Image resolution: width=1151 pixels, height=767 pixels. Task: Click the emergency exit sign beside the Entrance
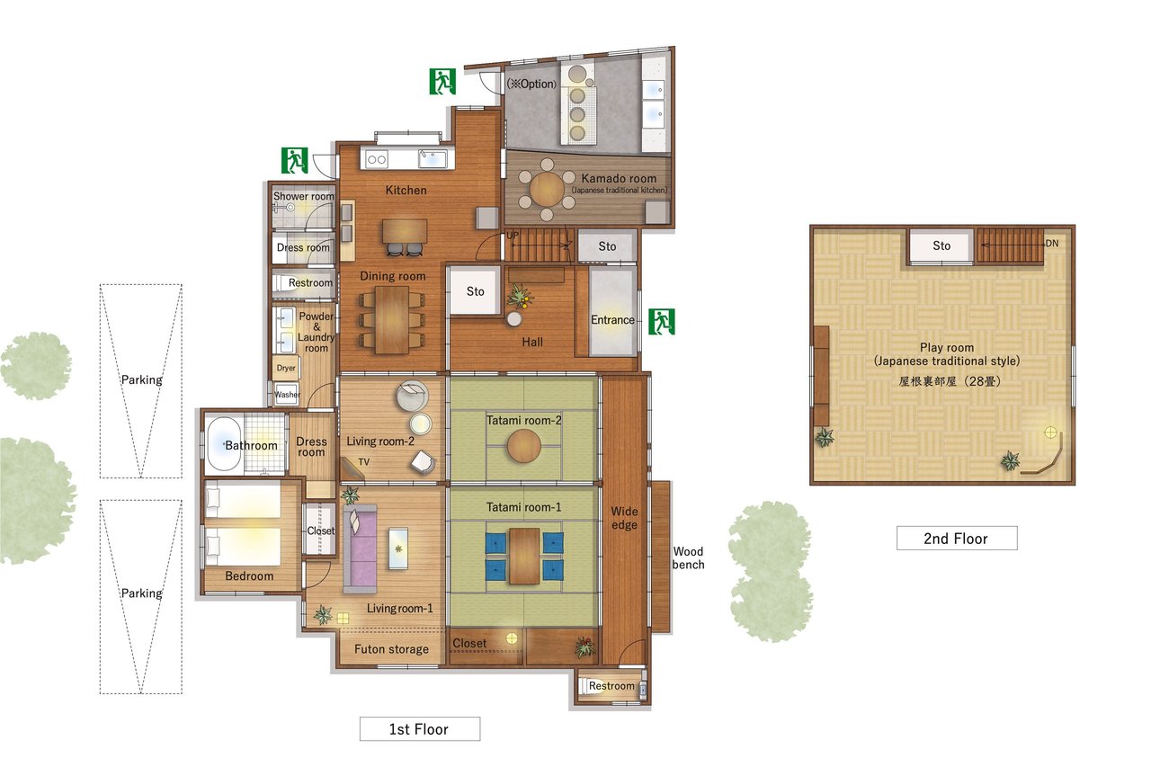pyautogui.click(x=661, y=322)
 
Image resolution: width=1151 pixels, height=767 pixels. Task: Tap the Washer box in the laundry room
pyautogui.click(x=286, y=394)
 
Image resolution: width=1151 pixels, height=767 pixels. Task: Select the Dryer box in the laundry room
pyautogui.click(x=286, y=368)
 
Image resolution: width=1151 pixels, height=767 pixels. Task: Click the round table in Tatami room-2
pyautogui.click(x=523, y=446)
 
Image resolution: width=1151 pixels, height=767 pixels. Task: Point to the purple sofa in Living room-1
pyautogui.click(x=361, y=548)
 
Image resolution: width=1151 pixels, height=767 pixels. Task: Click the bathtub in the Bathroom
pyautogui.click(x=223, y=445)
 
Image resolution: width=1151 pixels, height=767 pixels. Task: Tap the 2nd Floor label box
pyautogui.click(x=957, y=538)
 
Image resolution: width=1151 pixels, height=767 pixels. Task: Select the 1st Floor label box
pyautogui.click(x=420, y=729)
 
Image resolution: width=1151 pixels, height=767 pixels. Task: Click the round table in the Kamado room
pyautogui.click(x=547, y=189)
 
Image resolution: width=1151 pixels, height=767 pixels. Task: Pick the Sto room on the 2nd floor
pyautogui.click(x=941, y=246)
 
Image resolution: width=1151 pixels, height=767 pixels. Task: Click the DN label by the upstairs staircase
pyautogui.click(x=1052, y=244)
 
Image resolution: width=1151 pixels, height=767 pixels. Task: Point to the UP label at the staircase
pyautogui.click(x=513, y=236)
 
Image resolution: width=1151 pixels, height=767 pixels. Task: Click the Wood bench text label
pyautogui.click(x=688, y=557)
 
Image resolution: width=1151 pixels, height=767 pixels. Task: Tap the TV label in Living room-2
pyautogui.click(x=364, y=462)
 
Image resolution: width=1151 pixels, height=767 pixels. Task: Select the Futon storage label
pyautogui.click(x=391, y=649)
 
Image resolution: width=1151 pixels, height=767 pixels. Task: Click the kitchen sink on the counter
pyautogui.click(x=433, y=159)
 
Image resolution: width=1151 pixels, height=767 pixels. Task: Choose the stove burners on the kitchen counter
pyautogui.click(x=377, y=159)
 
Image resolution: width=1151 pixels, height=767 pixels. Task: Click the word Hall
pyautogui.click(x=532, y=342)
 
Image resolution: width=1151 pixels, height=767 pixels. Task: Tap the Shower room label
pyautogui.click(x=304, y=196)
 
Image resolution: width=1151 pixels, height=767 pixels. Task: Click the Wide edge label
pyautogui.click(x=624, y=518)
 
